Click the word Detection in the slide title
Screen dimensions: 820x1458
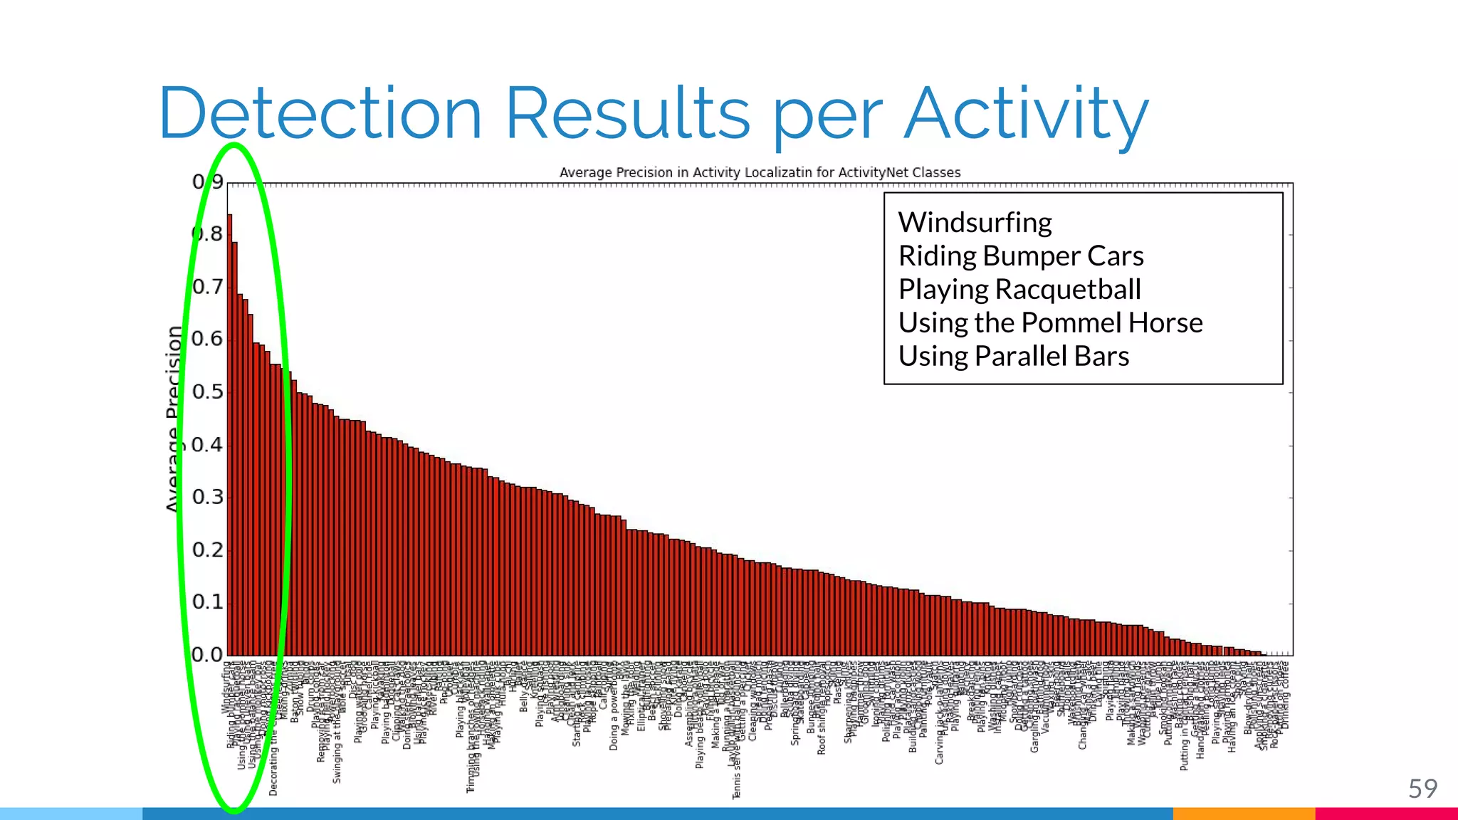coord(320,114)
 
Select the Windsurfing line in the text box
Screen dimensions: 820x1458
coord(975,223)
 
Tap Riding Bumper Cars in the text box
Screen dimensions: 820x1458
coord(1020,256)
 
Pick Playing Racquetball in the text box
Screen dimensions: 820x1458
coord(1019,290)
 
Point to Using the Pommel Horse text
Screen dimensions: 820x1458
coord(1050,323)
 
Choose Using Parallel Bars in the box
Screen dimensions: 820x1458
coord(1013,357)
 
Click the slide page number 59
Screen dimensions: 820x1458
coord(1422,789)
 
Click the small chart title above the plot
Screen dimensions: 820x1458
coord(760,172)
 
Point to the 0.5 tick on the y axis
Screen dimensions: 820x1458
coord(207,392)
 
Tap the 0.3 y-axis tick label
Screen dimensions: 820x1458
coord(207,497)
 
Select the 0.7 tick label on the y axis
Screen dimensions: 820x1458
coord(207,287)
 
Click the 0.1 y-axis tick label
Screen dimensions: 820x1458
coord(207,602)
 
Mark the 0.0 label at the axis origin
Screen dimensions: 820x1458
coord(207,654)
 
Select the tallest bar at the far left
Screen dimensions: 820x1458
coord(229,434)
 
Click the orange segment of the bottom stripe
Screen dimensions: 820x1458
coord(1243,814)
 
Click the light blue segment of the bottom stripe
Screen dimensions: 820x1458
coord(71,814)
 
